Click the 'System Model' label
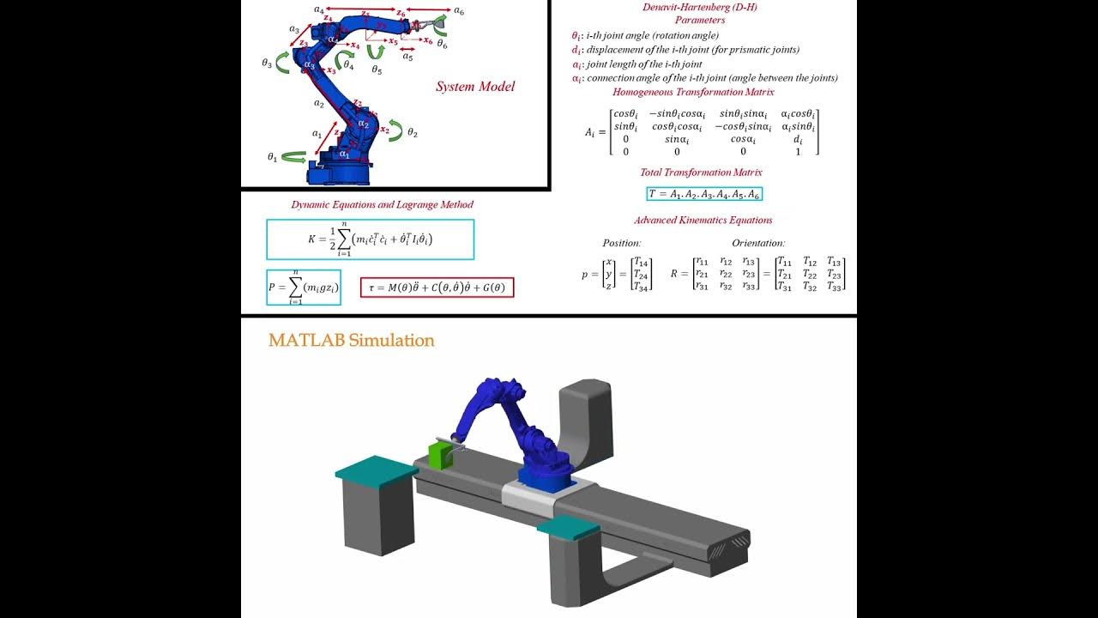pos(475,87)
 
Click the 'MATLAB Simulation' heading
pos(352,340)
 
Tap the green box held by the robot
pos(439,457)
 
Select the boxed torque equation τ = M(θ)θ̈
pos(437,288)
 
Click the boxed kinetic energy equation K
pos(370,239)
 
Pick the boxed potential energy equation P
pos(304,288)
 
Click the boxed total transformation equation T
pos(703,194)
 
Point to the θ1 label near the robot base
pos(272,157)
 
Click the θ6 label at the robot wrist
pos(442,44)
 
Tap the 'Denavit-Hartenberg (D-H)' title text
pos(699,8)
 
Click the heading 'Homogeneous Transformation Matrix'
pos(693,92)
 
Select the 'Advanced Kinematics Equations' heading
pos(703,221)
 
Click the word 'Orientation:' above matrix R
pos(758,244)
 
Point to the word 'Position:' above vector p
pos(622,244)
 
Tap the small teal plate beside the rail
pos(568,525)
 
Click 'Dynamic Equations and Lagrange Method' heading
pos(382,205)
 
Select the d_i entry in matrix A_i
pos(798,138)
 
